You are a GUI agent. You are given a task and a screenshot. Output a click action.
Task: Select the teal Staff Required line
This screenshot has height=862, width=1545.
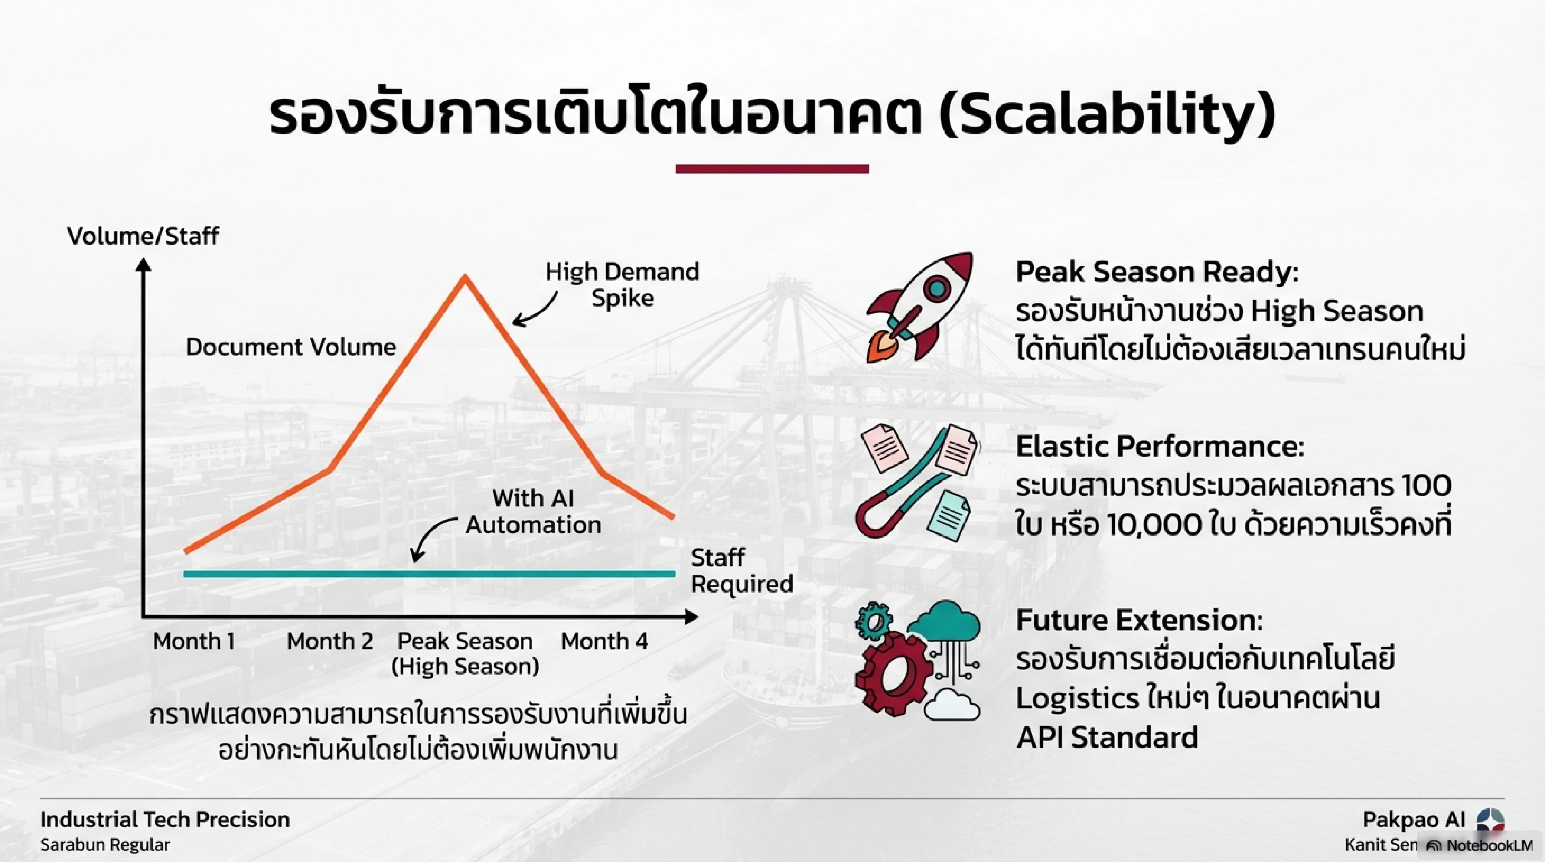430,574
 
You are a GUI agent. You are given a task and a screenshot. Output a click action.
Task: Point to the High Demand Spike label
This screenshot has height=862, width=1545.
622,285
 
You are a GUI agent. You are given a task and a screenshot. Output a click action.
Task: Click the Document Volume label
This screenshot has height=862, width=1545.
291,347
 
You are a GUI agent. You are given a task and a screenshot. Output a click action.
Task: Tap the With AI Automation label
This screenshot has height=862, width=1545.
533,511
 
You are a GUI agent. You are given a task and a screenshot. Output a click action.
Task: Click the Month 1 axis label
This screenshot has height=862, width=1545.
194,641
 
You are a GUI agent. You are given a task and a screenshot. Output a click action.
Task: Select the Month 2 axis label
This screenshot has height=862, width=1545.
330,641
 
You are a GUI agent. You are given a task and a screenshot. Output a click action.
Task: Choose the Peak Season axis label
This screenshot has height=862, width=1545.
465,654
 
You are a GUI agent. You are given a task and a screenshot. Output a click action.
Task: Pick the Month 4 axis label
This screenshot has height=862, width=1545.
604,641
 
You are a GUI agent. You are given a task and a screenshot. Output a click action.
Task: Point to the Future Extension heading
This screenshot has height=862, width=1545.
1139,620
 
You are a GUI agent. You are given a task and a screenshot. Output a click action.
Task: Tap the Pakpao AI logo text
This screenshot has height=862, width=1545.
1414,820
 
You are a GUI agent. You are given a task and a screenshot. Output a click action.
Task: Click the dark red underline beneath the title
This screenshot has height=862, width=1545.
772,169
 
